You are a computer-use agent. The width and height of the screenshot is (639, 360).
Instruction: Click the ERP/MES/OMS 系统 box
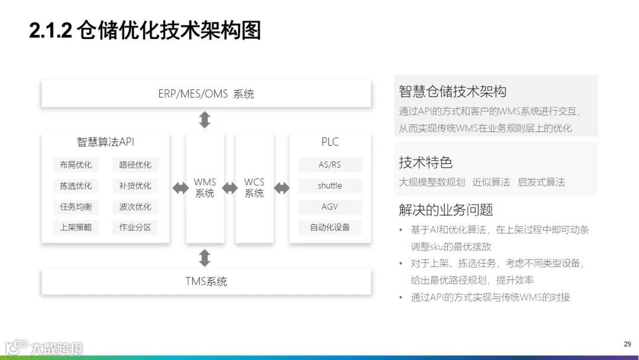[x=206, y=94]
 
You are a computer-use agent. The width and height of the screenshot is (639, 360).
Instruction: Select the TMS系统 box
[x=206, y=281]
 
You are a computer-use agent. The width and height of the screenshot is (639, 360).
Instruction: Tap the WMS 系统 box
[x=205, y=188]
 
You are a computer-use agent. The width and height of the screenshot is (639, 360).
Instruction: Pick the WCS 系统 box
[x=254, y=188]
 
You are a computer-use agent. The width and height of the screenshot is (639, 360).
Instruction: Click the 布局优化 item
[x=76, y=165]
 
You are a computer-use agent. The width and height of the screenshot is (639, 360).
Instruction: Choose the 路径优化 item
[x=135, y=165]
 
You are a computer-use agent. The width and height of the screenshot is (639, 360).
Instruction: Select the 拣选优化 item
[x=76, y=185]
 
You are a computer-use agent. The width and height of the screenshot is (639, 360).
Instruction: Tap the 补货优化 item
[x=135, y=185]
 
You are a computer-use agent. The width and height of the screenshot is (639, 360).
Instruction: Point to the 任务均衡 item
[x=76, y=207]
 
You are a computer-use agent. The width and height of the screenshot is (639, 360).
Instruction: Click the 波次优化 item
[x=135, y=207]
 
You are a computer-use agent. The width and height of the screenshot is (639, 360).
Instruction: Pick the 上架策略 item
[x=76, y=227]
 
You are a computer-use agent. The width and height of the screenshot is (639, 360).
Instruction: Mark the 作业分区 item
[x=135, y=227]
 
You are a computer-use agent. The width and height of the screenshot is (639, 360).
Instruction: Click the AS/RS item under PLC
[x=330, y=165]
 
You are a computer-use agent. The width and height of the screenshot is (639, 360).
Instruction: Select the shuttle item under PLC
[x=330, y=185]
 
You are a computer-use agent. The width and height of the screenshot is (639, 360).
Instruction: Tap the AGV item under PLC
[x=330, y=207]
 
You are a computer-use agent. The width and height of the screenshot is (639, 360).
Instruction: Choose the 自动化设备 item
[x=330, y=227]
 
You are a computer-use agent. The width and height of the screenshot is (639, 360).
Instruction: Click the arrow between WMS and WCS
[x=230, y=188]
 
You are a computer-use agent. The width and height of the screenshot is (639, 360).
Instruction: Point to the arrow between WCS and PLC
[x=282, y=188]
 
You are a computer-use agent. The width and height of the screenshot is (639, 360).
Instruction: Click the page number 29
[x=627, y=344]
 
